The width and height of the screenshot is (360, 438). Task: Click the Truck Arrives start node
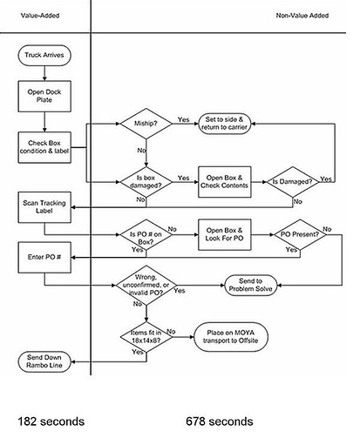(44, 58)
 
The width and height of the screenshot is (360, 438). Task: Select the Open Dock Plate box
(44, 94)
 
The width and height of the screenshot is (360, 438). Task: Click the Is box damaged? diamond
(144, 178)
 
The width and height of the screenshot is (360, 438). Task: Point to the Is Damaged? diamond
(296, 182)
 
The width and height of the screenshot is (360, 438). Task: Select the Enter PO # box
(44, 258)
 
